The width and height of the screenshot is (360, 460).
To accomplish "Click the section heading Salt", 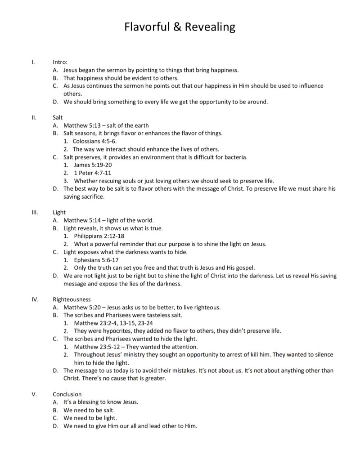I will pyautogui.click(x=58, y=118).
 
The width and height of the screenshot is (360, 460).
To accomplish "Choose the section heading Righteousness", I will pyautogui.click(x=72, y=299).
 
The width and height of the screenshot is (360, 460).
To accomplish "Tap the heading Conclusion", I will pyautogui.click(x=67, y=394).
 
